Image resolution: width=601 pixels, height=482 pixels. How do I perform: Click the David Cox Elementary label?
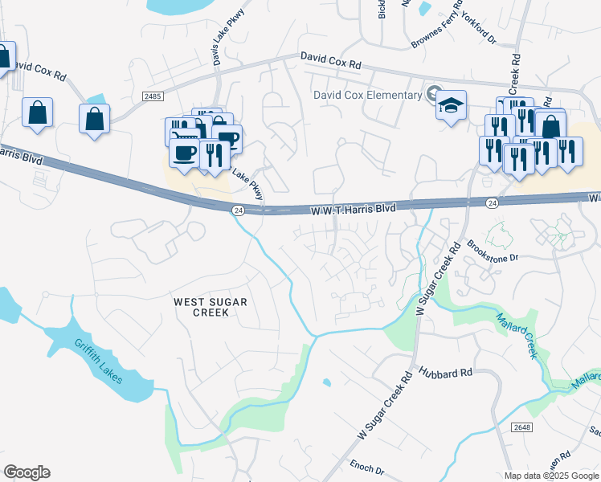pyautogui.click(x=367, y=95)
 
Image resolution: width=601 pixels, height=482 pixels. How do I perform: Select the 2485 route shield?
pyautogui.click(x=153, y=96)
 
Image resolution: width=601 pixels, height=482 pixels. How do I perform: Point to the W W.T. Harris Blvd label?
pyautogui.click(x=354, y=208)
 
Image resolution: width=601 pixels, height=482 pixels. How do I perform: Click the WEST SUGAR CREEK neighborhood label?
pyautogui.click(x=211, y=307)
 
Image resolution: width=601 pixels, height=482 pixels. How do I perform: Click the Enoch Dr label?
pyautogui.click(x=368, y=466)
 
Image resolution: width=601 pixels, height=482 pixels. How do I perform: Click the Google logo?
pyautogui.click(x=27, y=472)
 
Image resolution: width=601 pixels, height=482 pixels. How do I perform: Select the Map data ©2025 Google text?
pyautogui.click(x=551, y=476)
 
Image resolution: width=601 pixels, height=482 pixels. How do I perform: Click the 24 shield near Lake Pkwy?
pyautogui.click(x=238, y=210)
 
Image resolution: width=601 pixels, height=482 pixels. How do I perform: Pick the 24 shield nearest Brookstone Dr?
pyautogui.click(x=492, y=204)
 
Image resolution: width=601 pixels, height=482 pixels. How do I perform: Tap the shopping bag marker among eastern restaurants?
pyautogui.click(x=551, y=126)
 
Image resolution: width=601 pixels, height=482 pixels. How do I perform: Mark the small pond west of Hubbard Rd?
pyautogui.click(x=325, y=382)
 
